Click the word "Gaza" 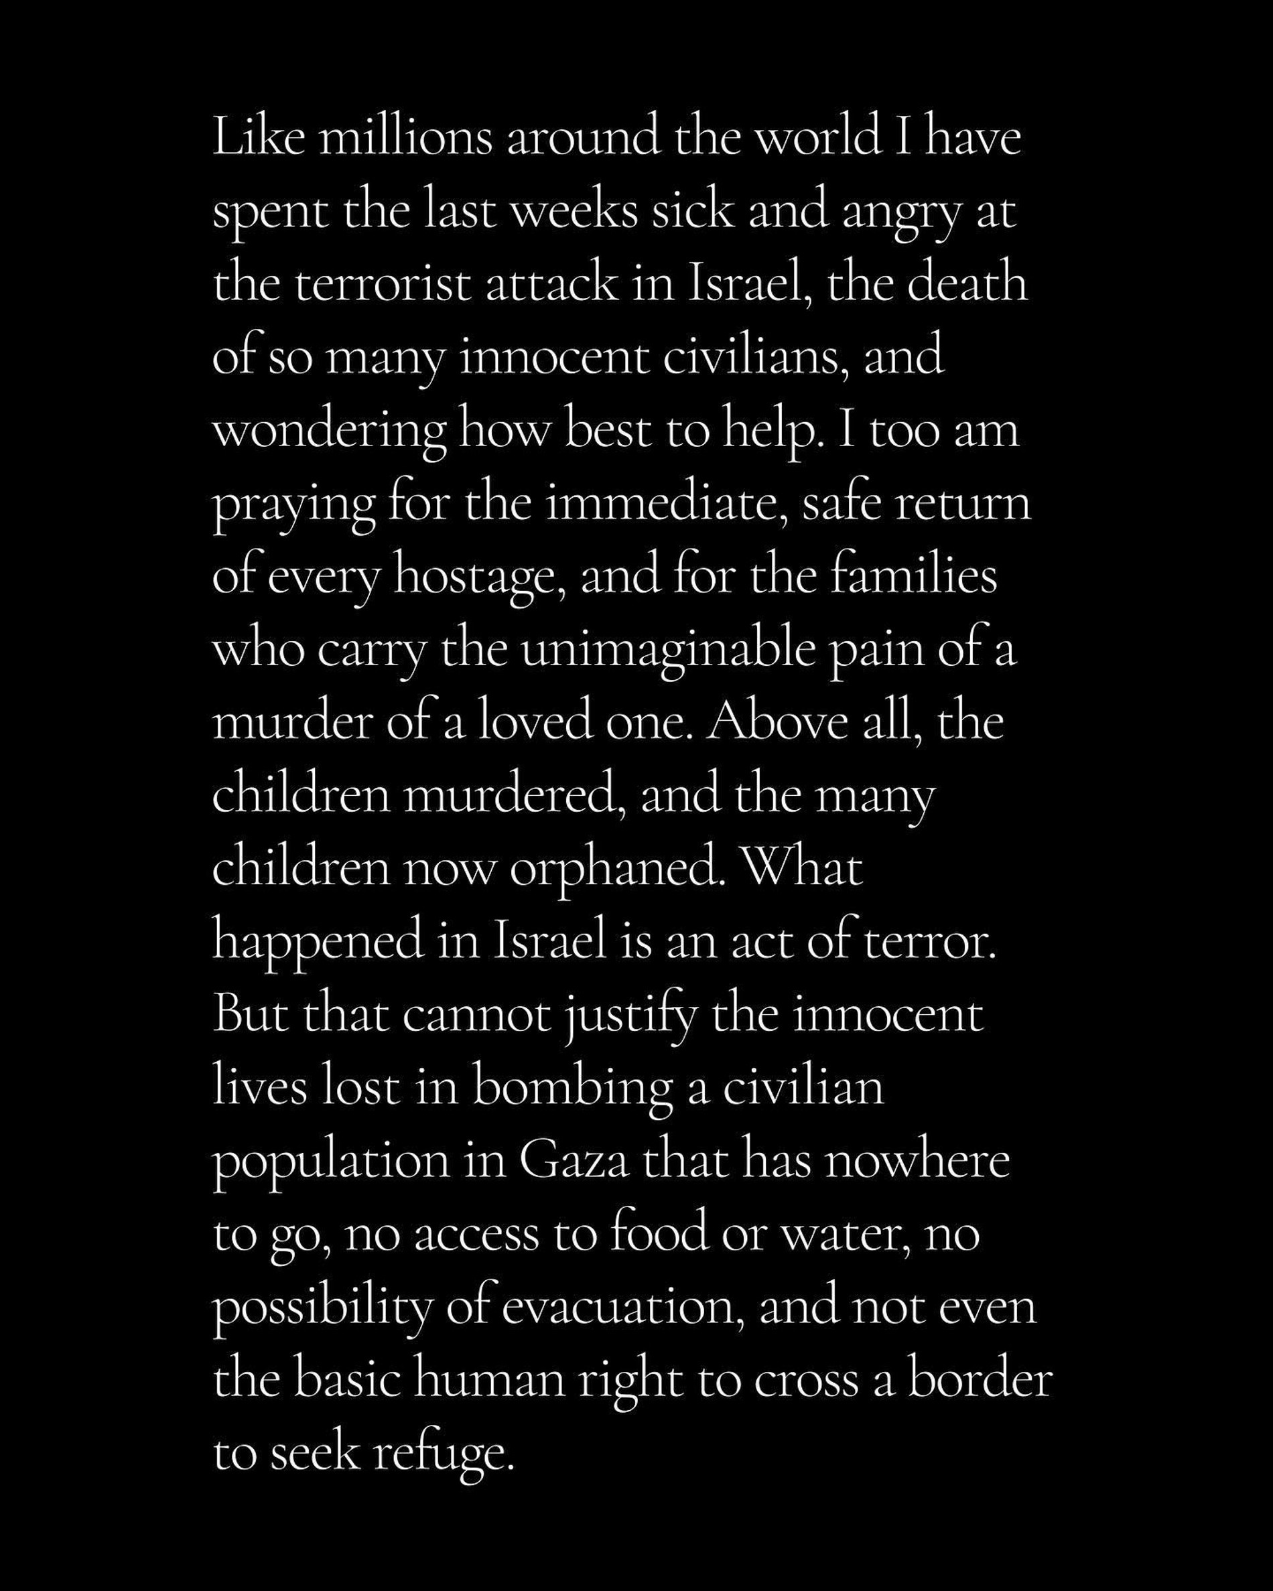point(574,1162)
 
